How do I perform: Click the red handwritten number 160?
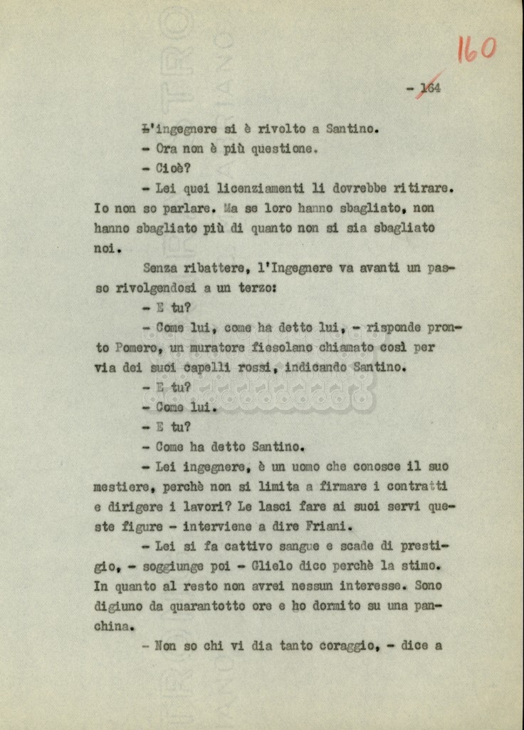point(476,49)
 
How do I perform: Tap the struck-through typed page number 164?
point(430,88)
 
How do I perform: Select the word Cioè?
point(172,169)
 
